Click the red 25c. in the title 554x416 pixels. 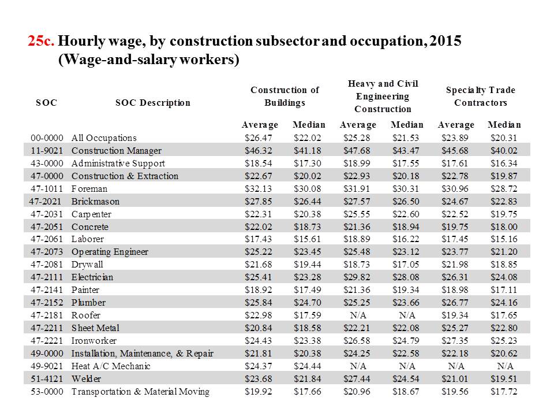click(41, 41)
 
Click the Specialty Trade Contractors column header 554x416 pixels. click(481, 96)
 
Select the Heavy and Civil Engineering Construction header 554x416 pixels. click(383, 96)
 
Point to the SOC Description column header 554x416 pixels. click(152, 103)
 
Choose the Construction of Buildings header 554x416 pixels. click(285, 96)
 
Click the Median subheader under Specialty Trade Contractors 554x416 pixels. click(504, 125)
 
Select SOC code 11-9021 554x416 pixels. click(47, 150)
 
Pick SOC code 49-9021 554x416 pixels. click(47, 366)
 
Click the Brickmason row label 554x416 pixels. click(95, 201)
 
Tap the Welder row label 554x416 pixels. click(86, 379)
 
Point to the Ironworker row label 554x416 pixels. click(94, 341)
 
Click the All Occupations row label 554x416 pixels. click(104, 138)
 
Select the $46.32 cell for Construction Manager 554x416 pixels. click(259, 150)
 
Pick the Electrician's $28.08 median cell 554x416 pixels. click(406, 277)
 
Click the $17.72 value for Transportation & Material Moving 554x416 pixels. click(504, 392)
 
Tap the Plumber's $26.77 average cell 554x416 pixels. click(455, 302)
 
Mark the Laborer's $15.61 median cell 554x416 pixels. click(308, 239)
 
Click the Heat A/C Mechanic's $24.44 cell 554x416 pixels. click(308, 366)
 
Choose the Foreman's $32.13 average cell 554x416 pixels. click(259, 188)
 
